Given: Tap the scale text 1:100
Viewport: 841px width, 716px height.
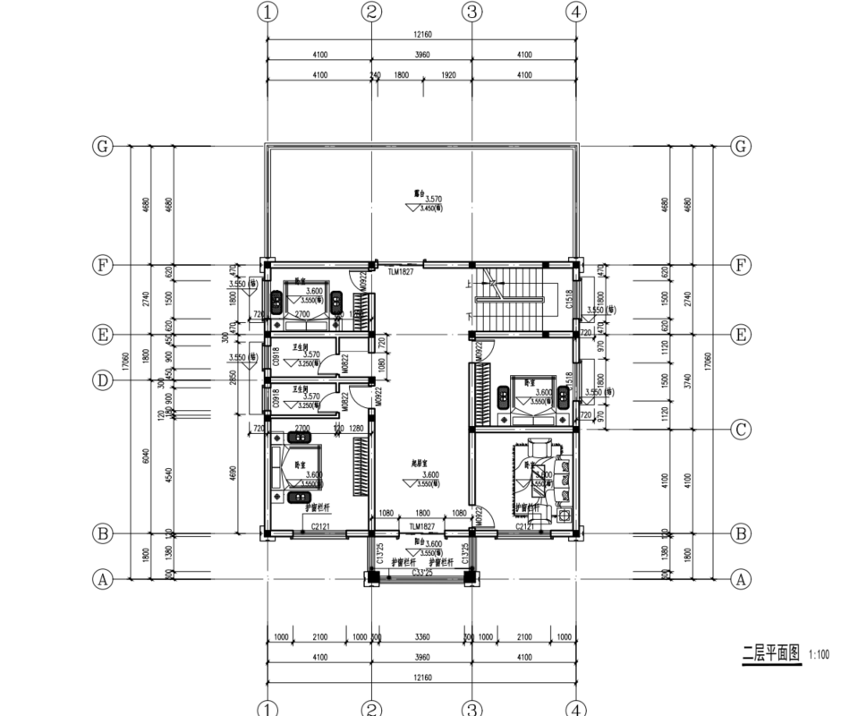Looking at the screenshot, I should click(x=818, y=654).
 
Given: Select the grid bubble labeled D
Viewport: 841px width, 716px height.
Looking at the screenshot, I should click(x=104, y=380).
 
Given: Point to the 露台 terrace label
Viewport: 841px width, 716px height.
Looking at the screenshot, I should click(x=418, y=192).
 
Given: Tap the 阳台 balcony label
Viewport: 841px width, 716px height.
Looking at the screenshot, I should click(x=419, y=542).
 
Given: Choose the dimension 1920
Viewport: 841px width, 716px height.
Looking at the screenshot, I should click(x=447, y=76).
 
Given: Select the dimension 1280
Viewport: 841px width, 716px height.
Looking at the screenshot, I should click(x=357, y=429).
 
